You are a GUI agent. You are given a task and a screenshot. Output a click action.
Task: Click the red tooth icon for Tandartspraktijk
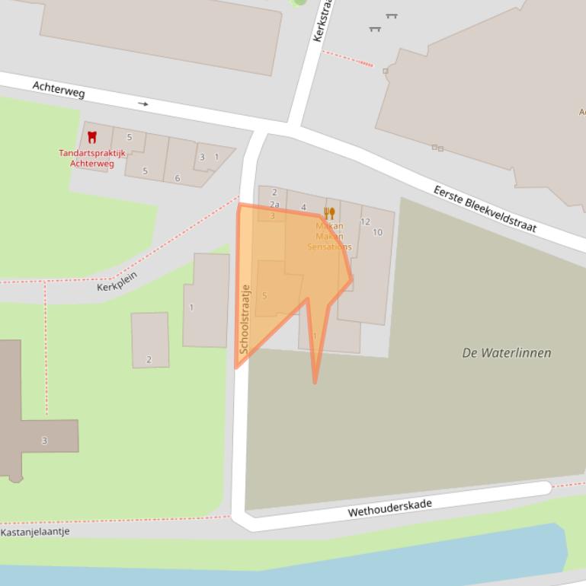pos(92,137)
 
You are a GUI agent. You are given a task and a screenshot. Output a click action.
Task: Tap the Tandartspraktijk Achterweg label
pos(92,158)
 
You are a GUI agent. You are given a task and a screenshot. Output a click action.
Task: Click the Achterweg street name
pos(59,89)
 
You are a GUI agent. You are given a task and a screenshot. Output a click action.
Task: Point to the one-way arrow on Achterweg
pos(143,104)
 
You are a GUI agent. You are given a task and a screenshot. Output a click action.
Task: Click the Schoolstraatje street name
pos(245,320)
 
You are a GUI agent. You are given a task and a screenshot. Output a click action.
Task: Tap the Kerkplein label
pos(117,281)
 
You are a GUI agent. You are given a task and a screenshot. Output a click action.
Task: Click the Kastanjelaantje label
pos(35,532)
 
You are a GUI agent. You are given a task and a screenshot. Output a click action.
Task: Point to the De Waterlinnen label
pos(506,352)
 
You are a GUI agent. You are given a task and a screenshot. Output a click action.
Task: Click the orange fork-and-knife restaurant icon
pos(329,213)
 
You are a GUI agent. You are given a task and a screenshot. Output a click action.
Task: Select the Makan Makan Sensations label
pos(329,236)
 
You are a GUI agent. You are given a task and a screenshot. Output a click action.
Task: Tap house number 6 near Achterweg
pos(178,179)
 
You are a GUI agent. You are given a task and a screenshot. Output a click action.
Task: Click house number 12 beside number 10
pos(365,222)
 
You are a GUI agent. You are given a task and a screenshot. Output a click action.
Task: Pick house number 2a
pos(274,205)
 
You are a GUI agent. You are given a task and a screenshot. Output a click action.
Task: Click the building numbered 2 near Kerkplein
pos(149,360)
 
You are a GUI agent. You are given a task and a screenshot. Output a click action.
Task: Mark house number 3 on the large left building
pos(44,441)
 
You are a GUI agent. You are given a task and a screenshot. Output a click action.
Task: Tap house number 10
pos(377,232)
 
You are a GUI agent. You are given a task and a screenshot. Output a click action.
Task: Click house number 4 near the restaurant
pos(303,207)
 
